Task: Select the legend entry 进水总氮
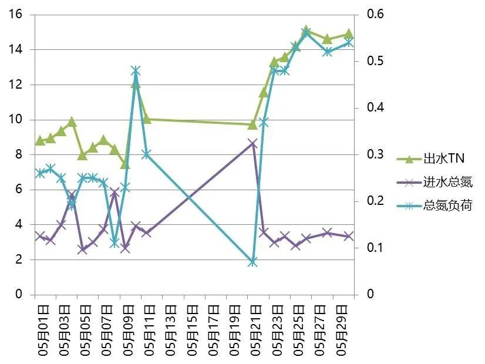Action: (x=447, y=182)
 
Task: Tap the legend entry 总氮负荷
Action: (x=447, y=205)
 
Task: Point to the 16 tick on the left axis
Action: (x=16, y=15)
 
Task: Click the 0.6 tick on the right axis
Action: (x=375, y=15)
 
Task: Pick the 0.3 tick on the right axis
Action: (x=375, y=154)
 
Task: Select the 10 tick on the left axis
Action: (x=16, y=120)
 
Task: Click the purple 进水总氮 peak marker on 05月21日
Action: (x=252, y=143)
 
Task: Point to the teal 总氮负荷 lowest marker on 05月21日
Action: (x=252, y=262)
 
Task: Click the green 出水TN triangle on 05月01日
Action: (x=40, y=141)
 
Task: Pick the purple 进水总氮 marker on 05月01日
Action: (x=40, y=236)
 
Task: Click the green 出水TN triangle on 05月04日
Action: (x=72, y=122)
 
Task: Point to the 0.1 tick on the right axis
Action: (x=375, y=248)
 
